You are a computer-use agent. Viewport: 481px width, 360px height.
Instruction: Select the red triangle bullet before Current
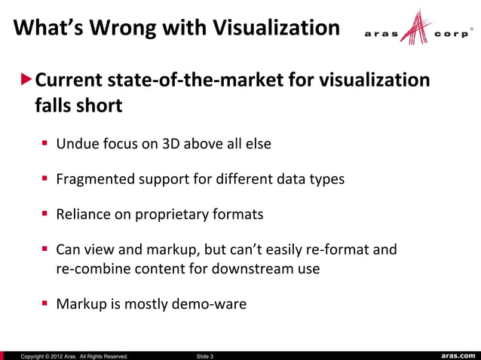(27, 79)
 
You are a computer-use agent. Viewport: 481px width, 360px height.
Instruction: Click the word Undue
(76, 145)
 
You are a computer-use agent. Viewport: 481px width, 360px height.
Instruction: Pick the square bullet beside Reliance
(45, 215)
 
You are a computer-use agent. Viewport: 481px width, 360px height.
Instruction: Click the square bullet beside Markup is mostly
(45, 305)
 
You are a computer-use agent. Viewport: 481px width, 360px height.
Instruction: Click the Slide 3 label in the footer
(204, 355)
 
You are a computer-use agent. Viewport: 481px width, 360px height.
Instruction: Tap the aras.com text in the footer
(457, 355)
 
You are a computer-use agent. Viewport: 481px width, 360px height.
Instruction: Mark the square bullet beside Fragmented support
(45, 179)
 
